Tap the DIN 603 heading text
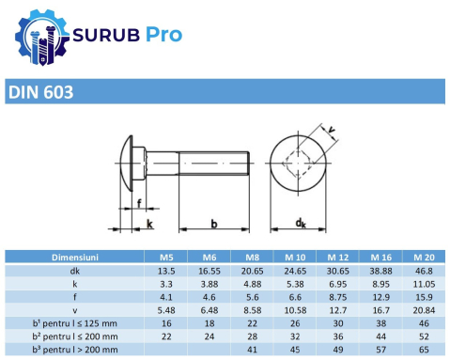(40, 93)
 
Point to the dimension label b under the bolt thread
(214, 224)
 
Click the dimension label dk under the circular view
(301, 224)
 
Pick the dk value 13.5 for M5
(159, 270)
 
